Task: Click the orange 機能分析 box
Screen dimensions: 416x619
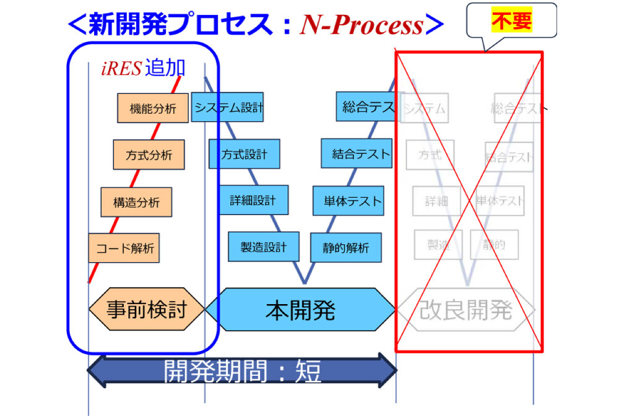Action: pyautogui.click(x=153, y=108)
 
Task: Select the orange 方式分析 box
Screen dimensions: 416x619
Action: pyautogui.click(x=149, y=155)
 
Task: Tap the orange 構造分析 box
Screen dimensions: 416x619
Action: pyautogui.click(x=136, y=202)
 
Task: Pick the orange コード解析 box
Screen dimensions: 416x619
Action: pyautogui.click(x=124, y=248)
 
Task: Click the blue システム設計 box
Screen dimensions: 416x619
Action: pyautogui.click(x=228, y=108)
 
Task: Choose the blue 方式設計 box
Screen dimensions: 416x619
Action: pyautogui.click(x=244, y=154)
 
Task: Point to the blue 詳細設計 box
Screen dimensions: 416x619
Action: pyautogui.click(x=253, y=200)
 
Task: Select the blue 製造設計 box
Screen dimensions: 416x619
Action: pyautogui.click(x=264, y=247)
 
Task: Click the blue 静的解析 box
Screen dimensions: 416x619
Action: pyautogui.click(x=345, y=247)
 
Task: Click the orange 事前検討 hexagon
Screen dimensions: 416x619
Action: pyautogui.click(x=147, y=309)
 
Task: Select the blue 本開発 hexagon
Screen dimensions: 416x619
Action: pyautogui.click(x=300, y=309)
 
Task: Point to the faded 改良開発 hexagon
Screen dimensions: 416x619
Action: pyautogui.click(x=465, y=310)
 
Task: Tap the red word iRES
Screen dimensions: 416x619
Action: pyautogui.click(x=121, y=69)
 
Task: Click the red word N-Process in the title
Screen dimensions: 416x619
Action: pyautogui.click(x=361, y=25)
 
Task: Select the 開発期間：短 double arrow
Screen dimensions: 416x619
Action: pyautogui.click(x=242, y=371)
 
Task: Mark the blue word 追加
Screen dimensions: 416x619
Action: pyautogui.click(x=165, y=68)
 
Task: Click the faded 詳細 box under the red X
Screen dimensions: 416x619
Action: pyautogui.click(x=436, y=201)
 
